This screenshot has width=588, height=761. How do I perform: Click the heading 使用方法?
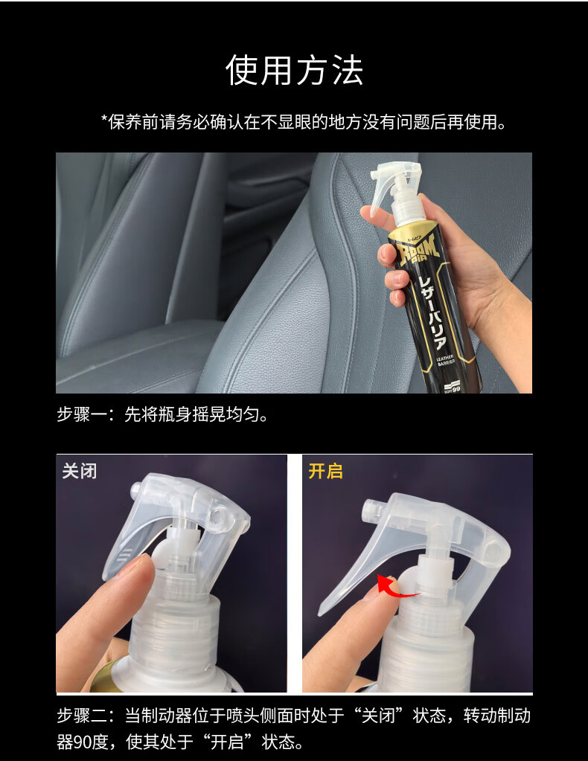294,71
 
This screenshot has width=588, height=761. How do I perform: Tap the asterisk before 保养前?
104,118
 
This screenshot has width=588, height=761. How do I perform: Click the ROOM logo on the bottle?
418,250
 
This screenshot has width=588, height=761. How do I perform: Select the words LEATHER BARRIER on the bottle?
444,359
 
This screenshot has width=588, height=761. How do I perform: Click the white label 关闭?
79,472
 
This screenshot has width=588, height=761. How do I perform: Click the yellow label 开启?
326,472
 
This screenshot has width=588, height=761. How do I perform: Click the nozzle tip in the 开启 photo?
370,507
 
